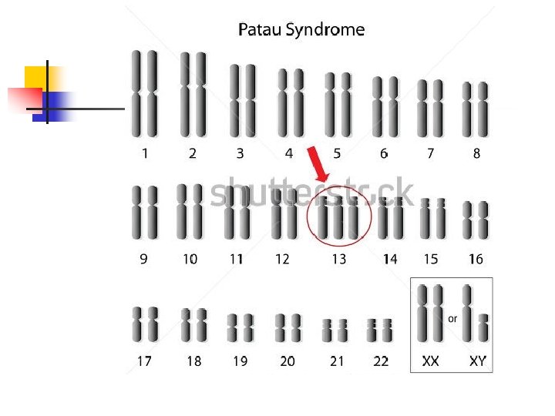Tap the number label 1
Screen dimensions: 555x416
click(145, 153)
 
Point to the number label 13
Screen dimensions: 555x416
click(338, 260)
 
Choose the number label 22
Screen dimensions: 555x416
click(381, 361)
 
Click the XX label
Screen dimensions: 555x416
click(430, 361)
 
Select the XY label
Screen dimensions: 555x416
click(478, 361)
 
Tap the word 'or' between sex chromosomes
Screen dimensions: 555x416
click(452, 318)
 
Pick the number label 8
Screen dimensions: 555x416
click(476, 153)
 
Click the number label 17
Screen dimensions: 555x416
click(144, 361)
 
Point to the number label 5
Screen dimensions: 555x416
click(336, 153)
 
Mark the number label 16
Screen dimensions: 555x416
click(476, 260)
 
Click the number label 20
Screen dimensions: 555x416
click(288, 361)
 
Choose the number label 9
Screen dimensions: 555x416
click(144, 260)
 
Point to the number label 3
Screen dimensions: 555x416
click(240, 153)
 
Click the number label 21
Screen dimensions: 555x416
click(336, 361)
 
